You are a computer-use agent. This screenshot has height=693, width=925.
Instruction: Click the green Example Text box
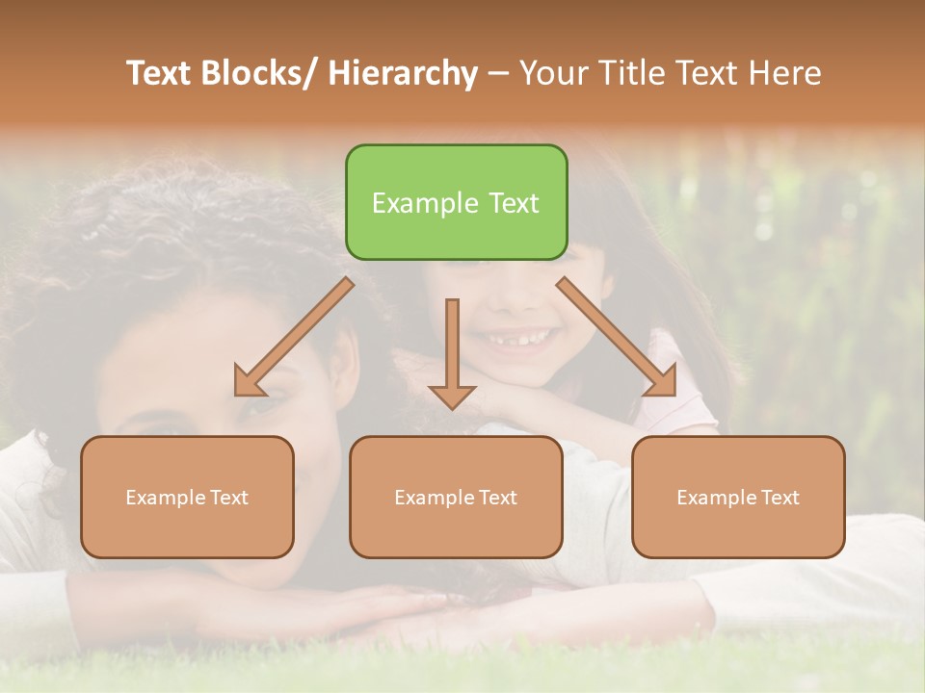pos(456,202)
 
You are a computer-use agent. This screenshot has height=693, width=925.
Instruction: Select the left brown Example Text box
pos(187,497)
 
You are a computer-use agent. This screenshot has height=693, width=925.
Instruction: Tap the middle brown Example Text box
pos(456,497)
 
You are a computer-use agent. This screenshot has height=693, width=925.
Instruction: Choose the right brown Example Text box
pos(738,497)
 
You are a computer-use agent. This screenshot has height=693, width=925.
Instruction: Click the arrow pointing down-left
pos(294,337)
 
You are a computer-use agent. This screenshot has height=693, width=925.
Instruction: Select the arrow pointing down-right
pos(617,336)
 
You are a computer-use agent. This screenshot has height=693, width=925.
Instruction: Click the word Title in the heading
pos(632,74)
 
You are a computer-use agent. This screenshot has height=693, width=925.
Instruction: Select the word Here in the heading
pos(786,74)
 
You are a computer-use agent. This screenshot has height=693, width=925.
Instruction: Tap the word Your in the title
pos(553,74)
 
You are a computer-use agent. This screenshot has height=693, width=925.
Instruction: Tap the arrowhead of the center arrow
pos(452,396)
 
